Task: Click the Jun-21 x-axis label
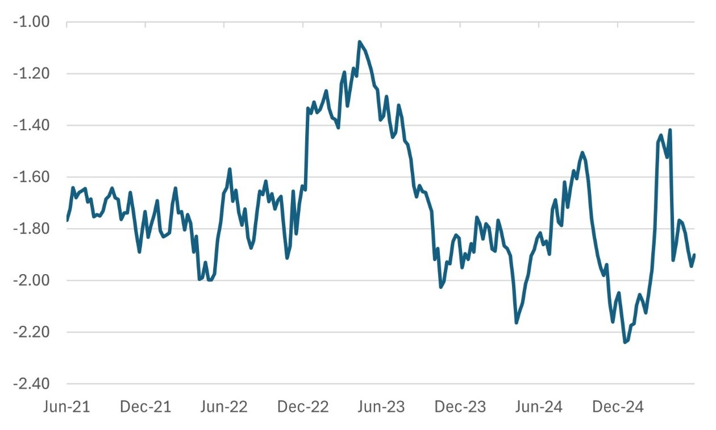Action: (67, 407)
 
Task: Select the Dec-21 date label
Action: (146, 407)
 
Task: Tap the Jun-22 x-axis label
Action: (224, 407)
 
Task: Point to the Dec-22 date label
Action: (303, 407)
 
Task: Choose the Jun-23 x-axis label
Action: (381, 407)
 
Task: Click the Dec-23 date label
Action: (460, 407)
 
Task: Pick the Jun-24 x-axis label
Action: (539, 407)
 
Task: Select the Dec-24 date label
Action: (618, 407)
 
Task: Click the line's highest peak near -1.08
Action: (360, 42)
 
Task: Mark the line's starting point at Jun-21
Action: (67, 221)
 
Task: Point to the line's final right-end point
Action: (694, 255)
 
